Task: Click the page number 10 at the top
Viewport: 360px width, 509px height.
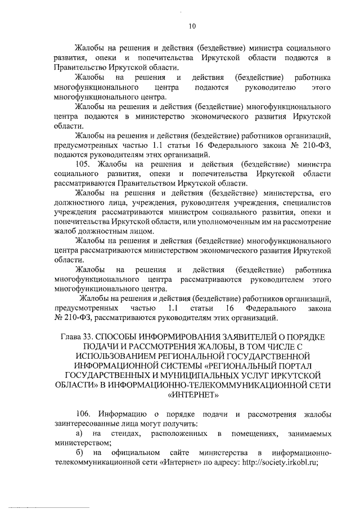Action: pos(192,25)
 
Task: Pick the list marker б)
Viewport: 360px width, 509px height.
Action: pos(80,453)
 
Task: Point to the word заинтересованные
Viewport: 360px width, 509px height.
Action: pos(87,424)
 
